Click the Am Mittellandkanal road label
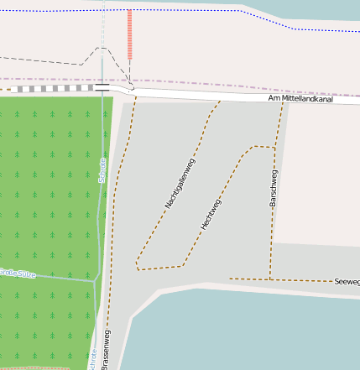(x=301, y=98)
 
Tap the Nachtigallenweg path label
(x=179, y=184)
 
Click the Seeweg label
(x=347, y=282)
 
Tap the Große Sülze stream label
(x=17, y=273)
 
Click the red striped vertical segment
(x=129, y=34)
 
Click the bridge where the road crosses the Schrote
(x=102, y=86)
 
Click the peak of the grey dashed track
(x=102, y=48)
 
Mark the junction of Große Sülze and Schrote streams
(x=95, y=281)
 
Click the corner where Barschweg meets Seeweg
(x=270, y=279)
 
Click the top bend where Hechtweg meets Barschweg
(x=252, y=148)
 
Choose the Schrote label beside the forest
(x=102, y=169)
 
